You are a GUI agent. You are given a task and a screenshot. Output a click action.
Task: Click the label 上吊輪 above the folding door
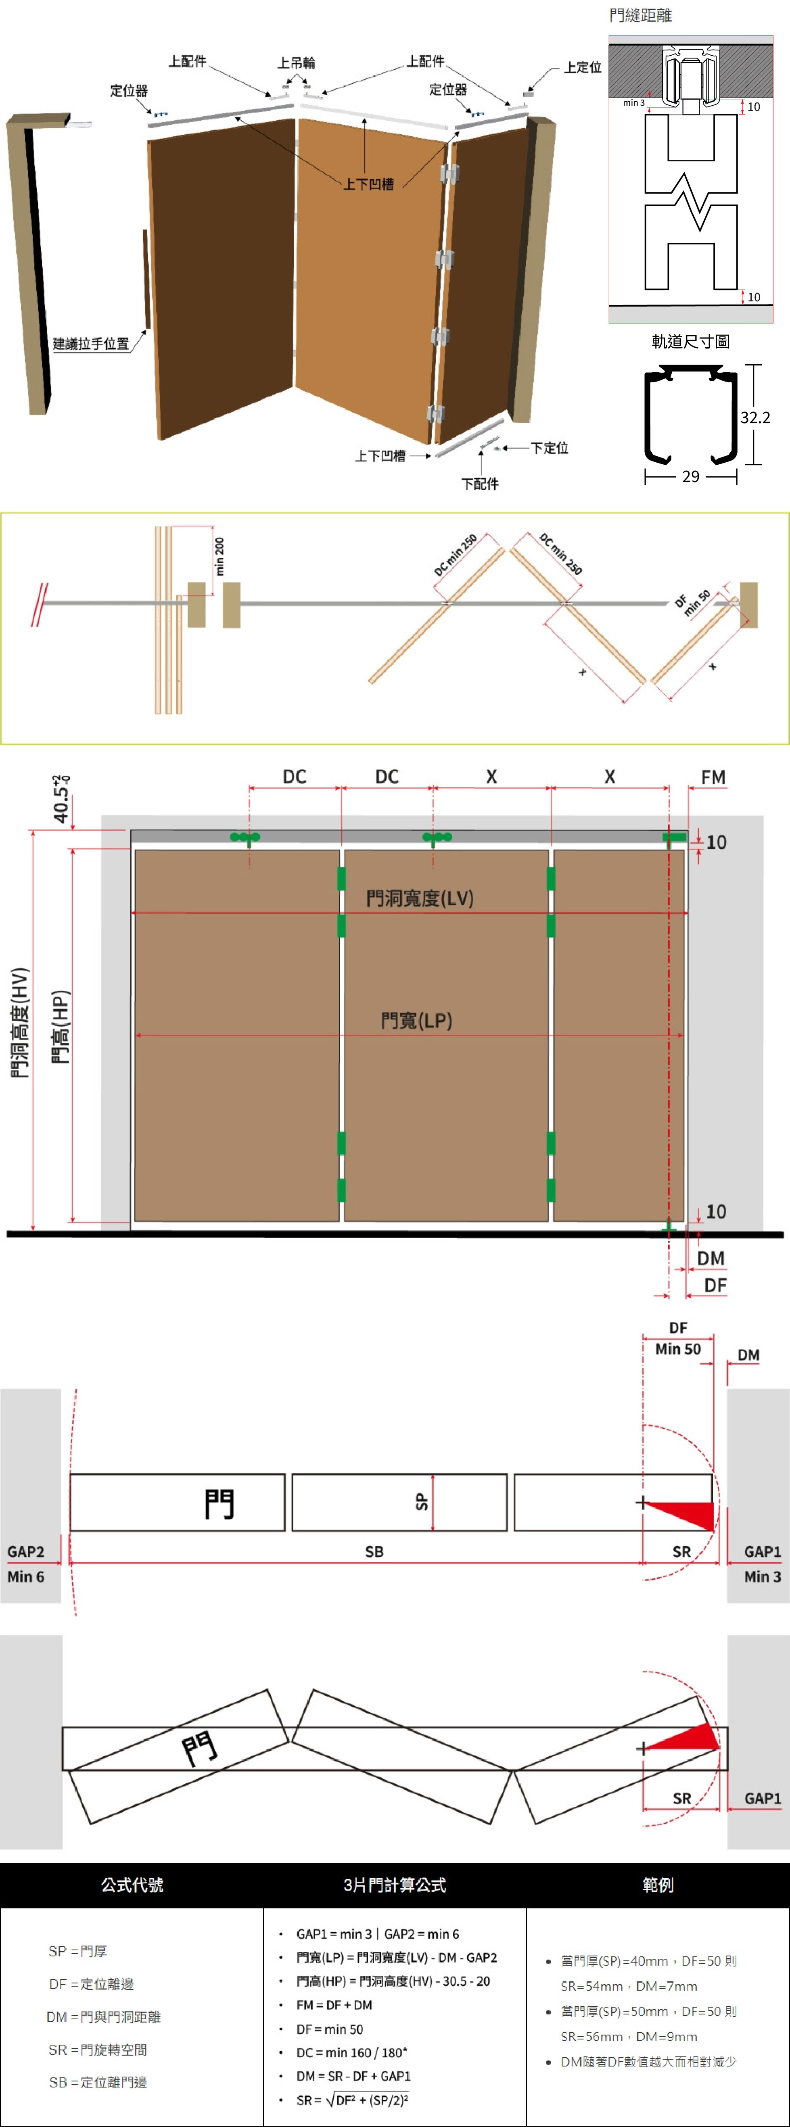click(x=297, y=63)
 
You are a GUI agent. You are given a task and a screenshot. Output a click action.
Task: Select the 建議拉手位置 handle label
click(x=91, y=344)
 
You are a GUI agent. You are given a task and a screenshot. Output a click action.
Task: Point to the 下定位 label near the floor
click(x=550, y=447)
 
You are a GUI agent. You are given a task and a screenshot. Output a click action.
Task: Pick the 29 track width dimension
click(x=691, y=476)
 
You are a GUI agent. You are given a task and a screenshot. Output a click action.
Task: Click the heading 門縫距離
click(x=641, y=15)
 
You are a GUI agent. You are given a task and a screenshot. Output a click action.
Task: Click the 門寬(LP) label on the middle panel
click(x=417, y=1021)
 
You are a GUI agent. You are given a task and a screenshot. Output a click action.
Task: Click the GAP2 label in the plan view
click(x=25, y=1551)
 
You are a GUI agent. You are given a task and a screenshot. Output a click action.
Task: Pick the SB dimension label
click(x=375, y=1551)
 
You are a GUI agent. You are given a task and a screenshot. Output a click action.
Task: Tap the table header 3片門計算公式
click(x=395, y=1885)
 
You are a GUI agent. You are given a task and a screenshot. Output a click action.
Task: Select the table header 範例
click(x=658, y=1885)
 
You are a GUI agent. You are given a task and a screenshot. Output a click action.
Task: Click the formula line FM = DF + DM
click(x=334, y=2005)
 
